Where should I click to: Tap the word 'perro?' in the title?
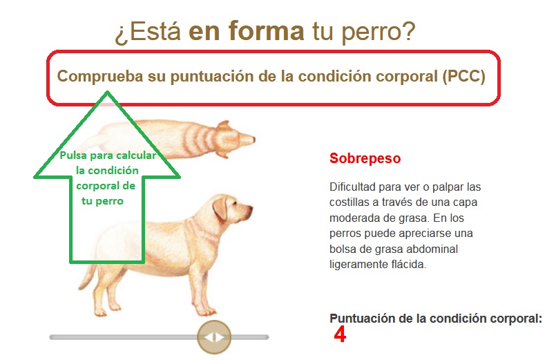(379, 33)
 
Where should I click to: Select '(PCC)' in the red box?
(463, 76)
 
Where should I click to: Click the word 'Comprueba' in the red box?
(100, 77)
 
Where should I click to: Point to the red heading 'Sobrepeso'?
(365, 159)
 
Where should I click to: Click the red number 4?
(340, 334)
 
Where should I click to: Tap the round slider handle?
(214, 337)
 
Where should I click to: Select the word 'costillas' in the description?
(350, 202)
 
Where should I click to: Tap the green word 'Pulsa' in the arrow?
(73, 155)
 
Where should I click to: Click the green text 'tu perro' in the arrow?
(102, 201)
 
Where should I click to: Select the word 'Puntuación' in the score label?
(360, 319)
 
